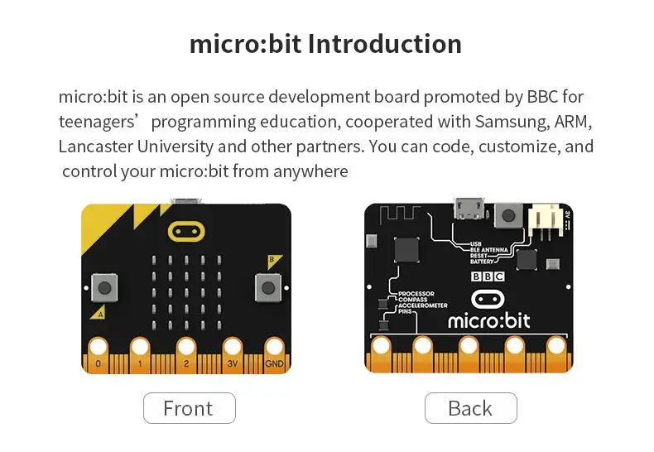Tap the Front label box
[x=189, y=408]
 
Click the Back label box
[x=470, y=408]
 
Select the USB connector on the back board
[x=469, y=208]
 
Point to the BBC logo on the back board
[x=488, y=277]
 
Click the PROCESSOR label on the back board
[x=416, y=294]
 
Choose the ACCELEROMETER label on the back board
[x=422, y=305]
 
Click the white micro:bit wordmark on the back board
[x=488, y=320]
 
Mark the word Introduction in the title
[x=385, y=43]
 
